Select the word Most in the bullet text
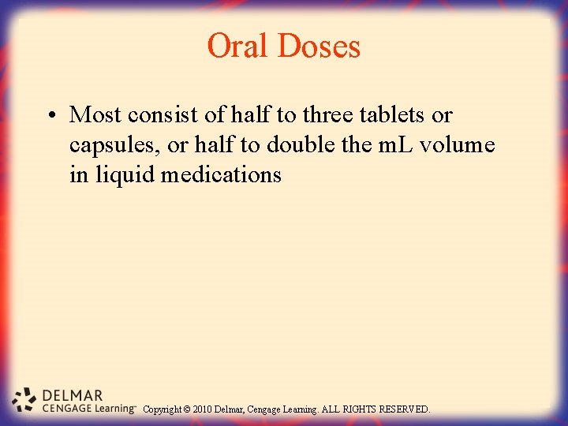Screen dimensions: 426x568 coord(95,115)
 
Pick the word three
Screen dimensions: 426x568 coord(327,115)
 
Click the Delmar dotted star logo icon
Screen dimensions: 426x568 coord(26,400)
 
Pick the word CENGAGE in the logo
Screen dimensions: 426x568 coord(65,409)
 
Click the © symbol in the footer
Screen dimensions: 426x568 coord(189,409)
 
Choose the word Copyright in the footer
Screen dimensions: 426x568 coord(163,409)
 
